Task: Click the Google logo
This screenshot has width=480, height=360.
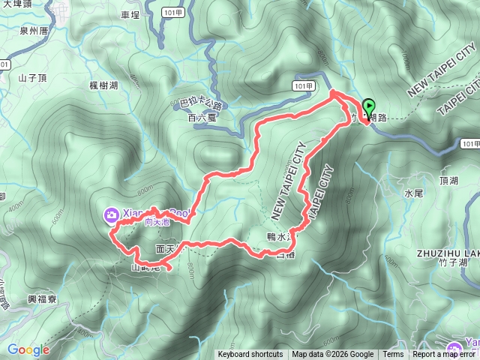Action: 28,349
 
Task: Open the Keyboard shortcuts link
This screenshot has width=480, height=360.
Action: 250,355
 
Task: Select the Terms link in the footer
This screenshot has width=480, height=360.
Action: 393,355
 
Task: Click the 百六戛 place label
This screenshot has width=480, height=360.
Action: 202,118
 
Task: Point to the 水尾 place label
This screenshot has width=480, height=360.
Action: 414,193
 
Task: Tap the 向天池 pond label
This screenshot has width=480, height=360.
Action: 157,222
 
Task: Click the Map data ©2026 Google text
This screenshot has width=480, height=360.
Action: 332,355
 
